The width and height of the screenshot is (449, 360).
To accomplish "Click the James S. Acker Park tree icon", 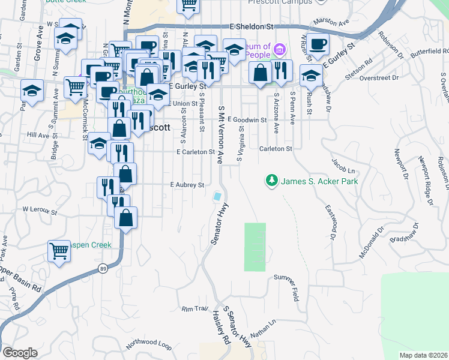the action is (x=272, y=180).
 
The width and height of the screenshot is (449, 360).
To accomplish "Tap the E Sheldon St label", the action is (x=252, y=27).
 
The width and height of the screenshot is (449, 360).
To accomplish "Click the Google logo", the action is (x=20, y=352).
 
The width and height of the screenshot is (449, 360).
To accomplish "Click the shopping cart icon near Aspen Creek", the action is (x=59, y=251).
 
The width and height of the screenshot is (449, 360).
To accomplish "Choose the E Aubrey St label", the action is (x=187, y=185).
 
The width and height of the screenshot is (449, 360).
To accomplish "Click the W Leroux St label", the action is (x=39, y=211).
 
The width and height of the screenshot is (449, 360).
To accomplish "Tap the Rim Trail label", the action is (x=194, y=308).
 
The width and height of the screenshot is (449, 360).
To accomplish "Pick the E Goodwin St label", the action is (x=246, y=120).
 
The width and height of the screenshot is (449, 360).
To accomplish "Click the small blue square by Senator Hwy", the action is (x=217, y=196).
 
